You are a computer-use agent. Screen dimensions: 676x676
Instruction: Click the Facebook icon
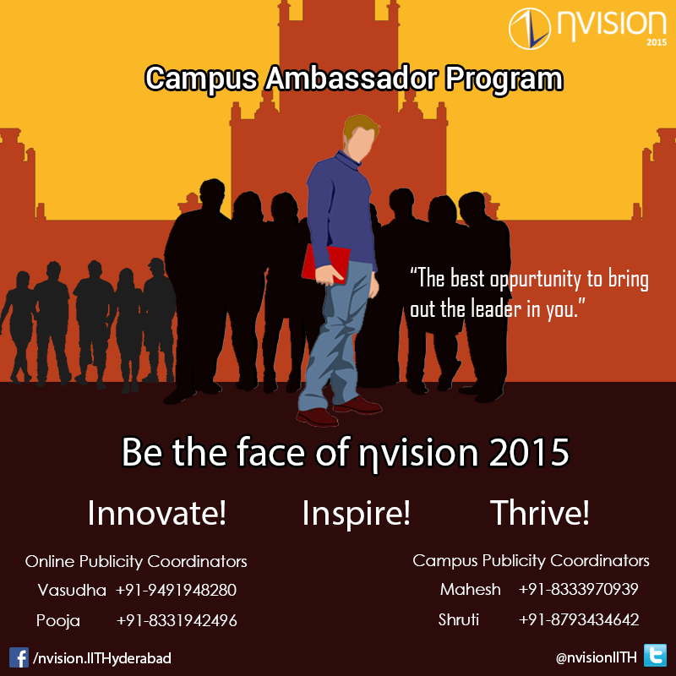point(19,657)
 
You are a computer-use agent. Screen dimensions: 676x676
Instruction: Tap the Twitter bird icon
point(655,656)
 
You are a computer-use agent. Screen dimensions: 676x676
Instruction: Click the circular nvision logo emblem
point(530,29)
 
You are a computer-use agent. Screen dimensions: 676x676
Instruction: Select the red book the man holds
point(325,264)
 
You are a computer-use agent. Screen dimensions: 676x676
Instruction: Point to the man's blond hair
point(360,126)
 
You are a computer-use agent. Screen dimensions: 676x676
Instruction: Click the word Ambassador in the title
point(351,79)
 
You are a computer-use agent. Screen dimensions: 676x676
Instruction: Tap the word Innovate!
point(156,513)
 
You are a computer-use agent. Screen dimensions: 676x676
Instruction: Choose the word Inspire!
point(356,514)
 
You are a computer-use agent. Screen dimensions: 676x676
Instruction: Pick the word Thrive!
point(539,513)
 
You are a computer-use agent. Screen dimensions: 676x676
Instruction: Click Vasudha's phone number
point(176,590)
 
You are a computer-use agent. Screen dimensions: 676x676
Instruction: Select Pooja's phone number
point(177,620)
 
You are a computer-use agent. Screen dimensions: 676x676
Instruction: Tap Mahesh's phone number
point(578,589)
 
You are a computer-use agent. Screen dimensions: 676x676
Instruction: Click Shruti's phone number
point(579,619)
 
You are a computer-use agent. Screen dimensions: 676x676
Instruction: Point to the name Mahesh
point(471,589)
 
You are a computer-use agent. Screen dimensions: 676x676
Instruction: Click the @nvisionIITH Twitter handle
point(596,657)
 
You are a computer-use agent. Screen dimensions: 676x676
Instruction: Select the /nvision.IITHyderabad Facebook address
point(102,658)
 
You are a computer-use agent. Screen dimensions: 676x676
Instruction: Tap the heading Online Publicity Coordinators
point(136,561)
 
